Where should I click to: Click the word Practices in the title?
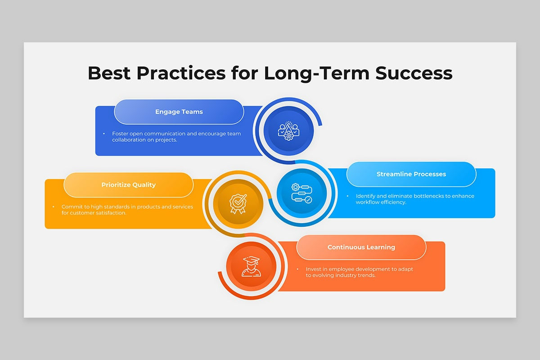pyautogui.click(x=181, y=73)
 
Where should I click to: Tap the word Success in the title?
pyautogui.click(x=414, y=73)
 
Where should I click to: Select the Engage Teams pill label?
pyautogui.click(x=179, y=112)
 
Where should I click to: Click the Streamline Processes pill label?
pyautogui.click(x=411, y=174)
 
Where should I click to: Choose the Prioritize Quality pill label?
pyautogui.click(x=129, y=185)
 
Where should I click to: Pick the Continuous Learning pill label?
pyautogui.click(x=361, y=247)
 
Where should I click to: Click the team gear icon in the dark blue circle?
pyautogui.click(x=288, y=131)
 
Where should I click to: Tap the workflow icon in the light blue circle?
pyautogui.click(x=302, y=193)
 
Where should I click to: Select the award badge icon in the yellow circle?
pyautogui.click(x=238, y=204)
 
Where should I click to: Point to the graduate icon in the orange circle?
pyautogui.click(x=251, y=266)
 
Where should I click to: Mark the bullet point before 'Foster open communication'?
pyautogui.click(x=104, y=134)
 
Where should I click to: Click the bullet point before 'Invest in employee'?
pyautogui.click(x=297, y=269)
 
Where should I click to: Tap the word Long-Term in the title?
pyautogui.click(x=317, y=74)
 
